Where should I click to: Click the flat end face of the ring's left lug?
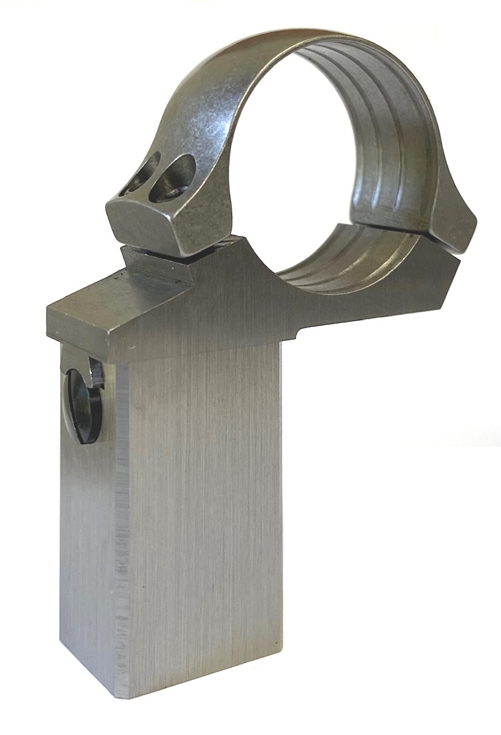(144, 221)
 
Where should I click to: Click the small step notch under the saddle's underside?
(298, 335)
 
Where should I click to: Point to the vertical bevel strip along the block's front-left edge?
(121, 517)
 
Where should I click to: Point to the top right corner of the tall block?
(280, 345)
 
